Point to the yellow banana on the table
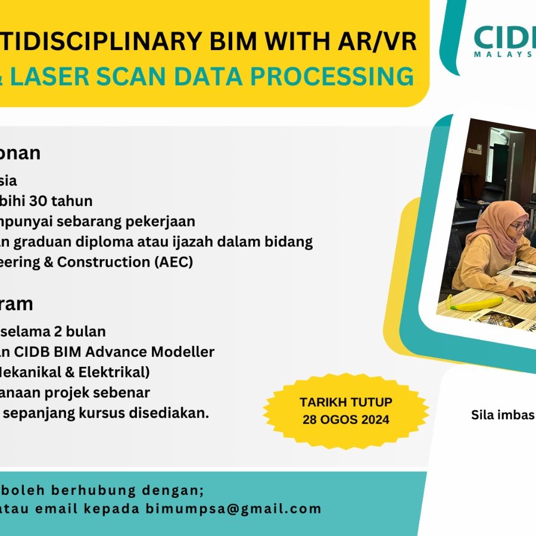click(476, 304)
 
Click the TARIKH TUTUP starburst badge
click(345, 411)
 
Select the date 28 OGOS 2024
click(345, 419)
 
